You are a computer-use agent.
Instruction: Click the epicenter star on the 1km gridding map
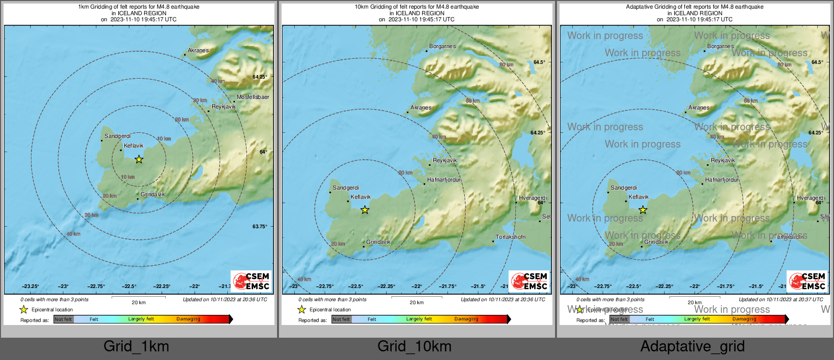138,159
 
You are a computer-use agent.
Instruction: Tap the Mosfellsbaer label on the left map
253,97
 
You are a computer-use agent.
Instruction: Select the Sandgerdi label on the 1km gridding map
117,136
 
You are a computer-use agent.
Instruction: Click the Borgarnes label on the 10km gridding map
442,46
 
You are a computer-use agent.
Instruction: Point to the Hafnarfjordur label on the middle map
443,179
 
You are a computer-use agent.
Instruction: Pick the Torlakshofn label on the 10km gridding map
510,237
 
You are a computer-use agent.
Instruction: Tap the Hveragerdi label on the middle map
533,198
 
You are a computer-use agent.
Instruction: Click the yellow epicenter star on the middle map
365,209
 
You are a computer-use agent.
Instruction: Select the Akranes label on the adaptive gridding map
699,107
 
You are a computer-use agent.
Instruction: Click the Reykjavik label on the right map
722,160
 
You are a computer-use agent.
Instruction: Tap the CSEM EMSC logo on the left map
251,281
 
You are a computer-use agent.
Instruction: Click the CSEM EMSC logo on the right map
807,281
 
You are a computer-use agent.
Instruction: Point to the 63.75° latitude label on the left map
259,226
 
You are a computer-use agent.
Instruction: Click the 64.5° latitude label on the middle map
539,62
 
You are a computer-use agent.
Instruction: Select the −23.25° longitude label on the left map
30,286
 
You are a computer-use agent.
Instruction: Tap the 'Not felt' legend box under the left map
63,319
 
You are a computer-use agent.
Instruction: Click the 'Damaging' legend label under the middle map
466,319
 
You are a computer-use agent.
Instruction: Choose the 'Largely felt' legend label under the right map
697,319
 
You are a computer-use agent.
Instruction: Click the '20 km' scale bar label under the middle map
416,303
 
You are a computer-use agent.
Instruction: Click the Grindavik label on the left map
152,194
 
